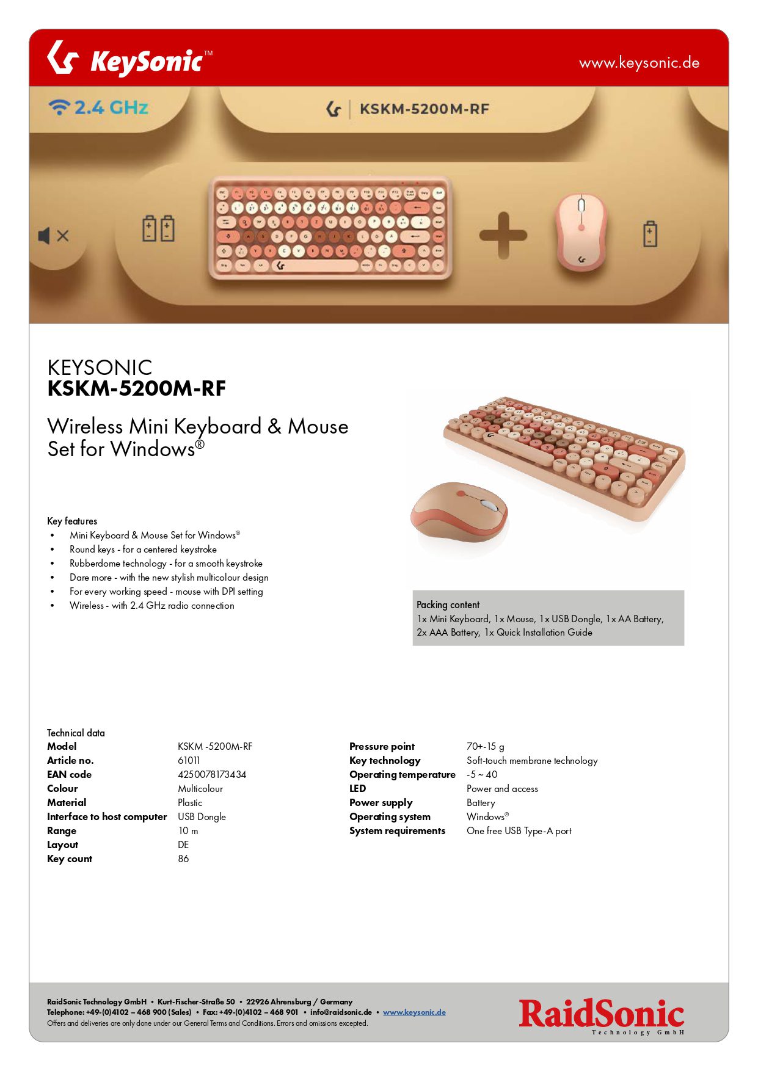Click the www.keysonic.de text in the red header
point(639,63)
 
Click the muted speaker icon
point(54,236)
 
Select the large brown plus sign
point(503,235)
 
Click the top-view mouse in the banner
point(580,232)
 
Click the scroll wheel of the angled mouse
point(489,506)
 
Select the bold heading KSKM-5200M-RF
point(137,388)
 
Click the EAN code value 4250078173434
point(212,774)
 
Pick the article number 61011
point(189,760)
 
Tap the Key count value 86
point(183,859)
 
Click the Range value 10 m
point(188,830)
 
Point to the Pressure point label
point(382,746)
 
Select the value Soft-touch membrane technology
point(532,760)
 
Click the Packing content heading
point(448,604)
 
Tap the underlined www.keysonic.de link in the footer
point(414,1012)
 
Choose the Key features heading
point(72,521)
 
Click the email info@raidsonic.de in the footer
point(341,1012)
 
